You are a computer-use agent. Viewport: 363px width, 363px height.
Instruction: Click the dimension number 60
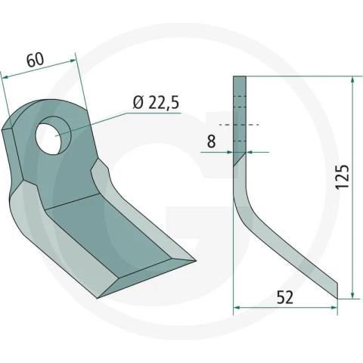(x=36, y=60)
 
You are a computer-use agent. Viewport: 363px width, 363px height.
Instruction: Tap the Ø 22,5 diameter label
(x=157, y=103)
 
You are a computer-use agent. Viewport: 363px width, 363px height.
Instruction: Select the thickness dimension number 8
(x=211, y=141)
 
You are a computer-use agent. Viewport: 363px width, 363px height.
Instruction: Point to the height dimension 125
(x=343, y=177)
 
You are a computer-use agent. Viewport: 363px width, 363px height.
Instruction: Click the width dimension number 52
(x=285, y=297)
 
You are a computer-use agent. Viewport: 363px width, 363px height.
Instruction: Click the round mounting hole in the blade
(x=53, y=135)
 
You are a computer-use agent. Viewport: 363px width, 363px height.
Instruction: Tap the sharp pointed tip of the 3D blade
(x=195, y=260)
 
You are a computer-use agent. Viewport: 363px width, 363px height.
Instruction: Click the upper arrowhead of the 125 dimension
(x=352, y=80)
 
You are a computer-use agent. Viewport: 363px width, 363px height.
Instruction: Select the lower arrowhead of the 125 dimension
(x=352, y=295)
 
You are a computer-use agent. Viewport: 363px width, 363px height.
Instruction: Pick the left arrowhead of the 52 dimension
(x=237, y=308)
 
